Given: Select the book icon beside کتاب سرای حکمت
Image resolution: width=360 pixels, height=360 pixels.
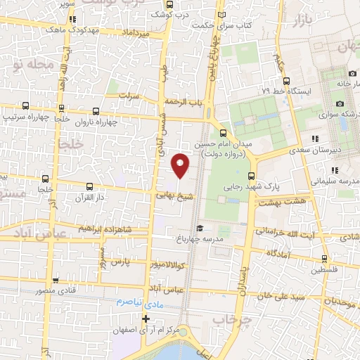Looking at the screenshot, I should (223, 13).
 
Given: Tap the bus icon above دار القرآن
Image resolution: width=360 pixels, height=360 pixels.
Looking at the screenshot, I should (89, 187).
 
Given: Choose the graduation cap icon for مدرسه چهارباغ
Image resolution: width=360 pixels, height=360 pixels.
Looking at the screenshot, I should (200, 228).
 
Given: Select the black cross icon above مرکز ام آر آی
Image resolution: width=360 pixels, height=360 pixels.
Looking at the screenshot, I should (146, 319).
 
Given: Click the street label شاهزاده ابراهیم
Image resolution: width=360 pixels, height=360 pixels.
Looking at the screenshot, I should (105, 229).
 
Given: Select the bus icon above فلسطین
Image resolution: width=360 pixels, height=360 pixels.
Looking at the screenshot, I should (324, 258).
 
